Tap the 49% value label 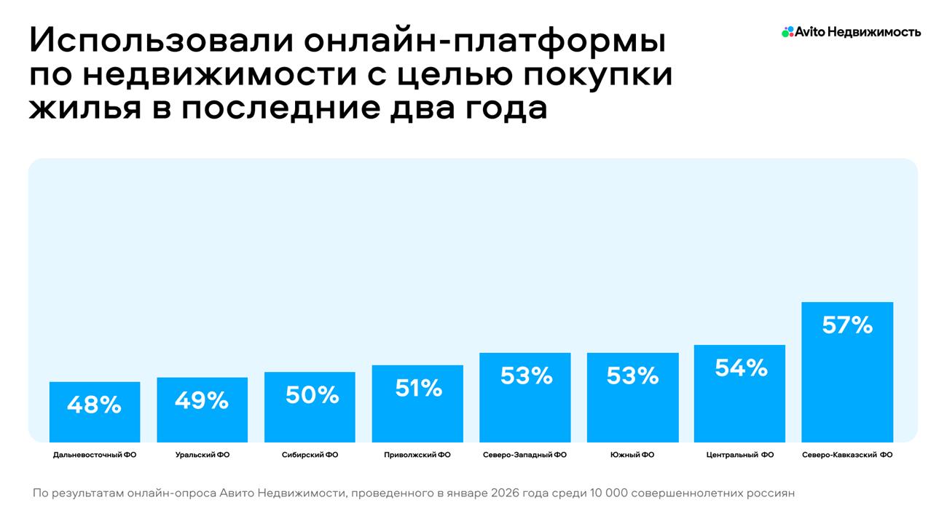click(x=202, y=400)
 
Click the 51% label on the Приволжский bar click(x=418, y=388)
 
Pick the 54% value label click(x=741, y=368)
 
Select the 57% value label click(x=847, y=325)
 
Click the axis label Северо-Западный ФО click(x=524, y=455)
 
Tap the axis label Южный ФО click(x=632, y=455)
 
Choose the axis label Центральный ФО click(x=740, y=455)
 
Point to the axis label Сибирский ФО click(x=310, y=455)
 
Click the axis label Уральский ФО click(x=203, y=455)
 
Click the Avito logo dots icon click(x=787, y=32)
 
